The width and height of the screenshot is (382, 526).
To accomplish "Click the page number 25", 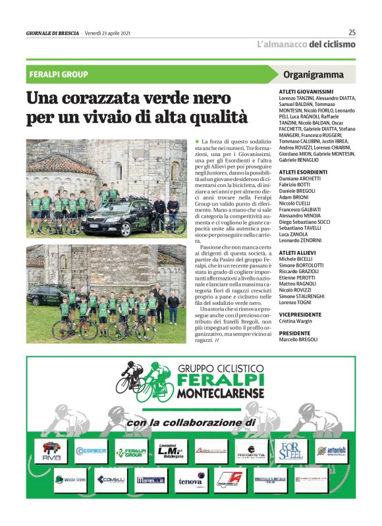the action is tap(352, 33).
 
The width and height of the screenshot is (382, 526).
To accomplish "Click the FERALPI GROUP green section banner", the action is tap(59, 75).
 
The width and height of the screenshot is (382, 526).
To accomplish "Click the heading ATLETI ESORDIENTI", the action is tap(303, 172).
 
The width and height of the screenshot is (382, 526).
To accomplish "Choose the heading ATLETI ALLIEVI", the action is tap(298, 252).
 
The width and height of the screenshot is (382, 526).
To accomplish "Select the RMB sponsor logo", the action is tap(51, 450).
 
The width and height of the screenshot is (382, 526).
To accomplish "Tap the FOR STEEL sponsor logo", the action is tap(290, 450).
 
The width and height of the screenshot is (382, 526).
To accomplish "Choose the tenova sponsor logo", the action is tap(190, 481).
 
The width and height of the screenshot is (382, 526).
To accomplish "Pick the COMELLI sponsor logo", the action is tap(111, 480).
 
